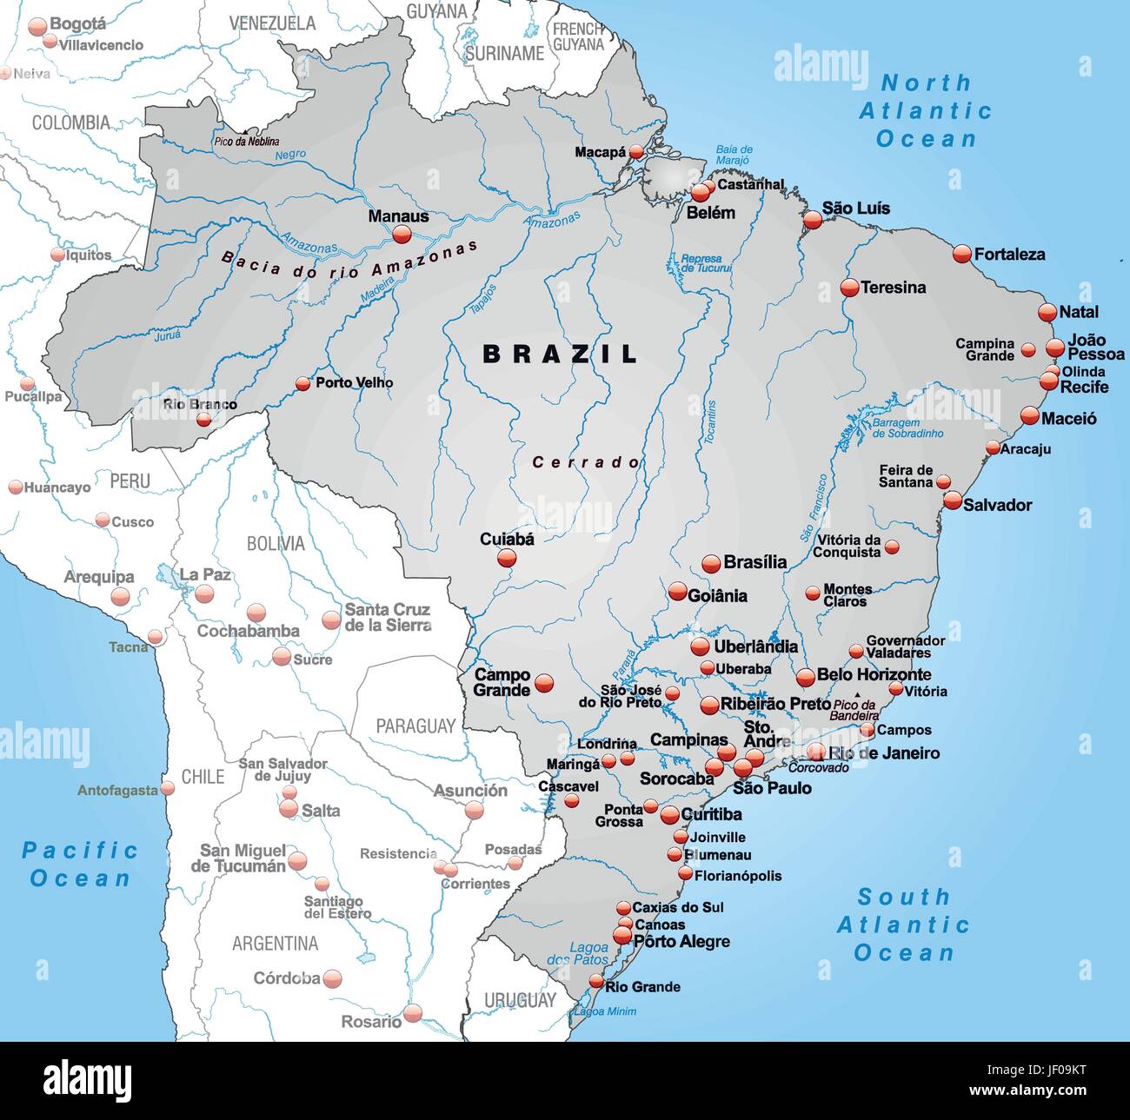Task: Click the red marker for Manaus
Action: coord(401,235)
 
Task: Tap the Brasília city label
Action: coord(754,562)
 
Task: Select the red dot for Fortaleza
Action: coord(961,254)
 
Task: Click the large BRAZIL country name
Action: coord(561,354)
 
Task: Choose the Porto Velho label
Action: coord(354,382)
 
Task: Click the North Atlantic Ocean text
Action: coord(926,110)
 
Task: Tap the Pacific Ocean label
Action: coord(79,864)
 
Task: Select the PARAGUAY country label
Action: coord(415,726)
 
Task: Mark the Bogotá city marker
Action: coord(37,27)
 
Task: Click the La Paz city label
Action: coord(205,574)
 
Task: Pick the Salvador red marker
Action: coord(953,500)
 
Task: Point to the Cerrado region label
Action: coord(586,462)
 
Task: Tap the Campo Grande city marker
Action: coord(544,683)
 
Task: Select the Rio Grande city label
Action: coord(642,986)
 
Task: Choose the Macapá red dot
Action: coord(636,152)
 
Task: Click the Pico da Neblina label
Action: coord(247,141)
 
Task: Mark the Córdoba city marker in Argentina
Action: coord(332,979)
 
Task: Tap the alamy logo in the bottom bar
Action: coord(88,1080)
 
